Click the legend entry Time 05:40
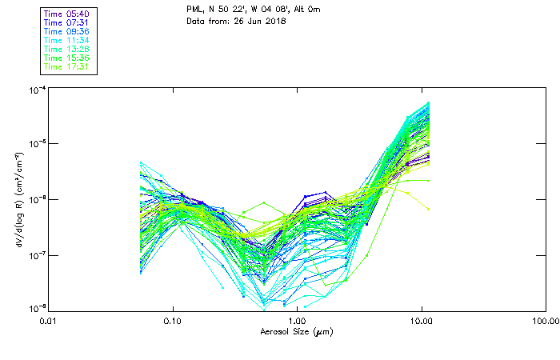67,14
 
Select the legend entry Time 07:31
67,22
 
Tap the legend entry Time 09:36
67,31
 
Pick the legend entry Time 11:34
67,40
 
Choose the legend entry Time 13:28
67,49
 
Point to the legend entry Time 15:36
67,58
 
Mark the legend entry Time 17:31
67,66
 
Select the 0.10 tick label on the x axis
173,321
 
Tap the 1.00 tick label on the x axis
298,321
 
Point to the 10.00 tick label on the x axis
421,321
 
